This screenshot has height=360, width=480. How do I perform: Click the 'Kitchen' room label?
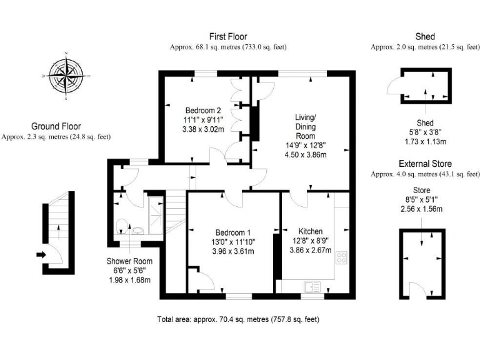310,230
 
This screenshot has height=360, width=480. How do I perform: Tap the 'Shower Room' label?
129,261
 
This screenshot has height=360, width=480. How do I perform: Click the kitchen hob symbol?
341,257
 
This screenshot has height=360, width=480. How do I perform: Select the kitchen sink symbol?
311,286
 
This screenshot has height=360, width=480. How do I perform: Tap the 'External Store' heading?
425,164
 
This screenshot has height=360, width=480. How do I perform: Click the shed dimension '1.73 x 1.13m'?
425,141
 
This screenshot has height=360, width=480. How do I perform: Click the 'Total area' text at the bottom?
238,319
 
